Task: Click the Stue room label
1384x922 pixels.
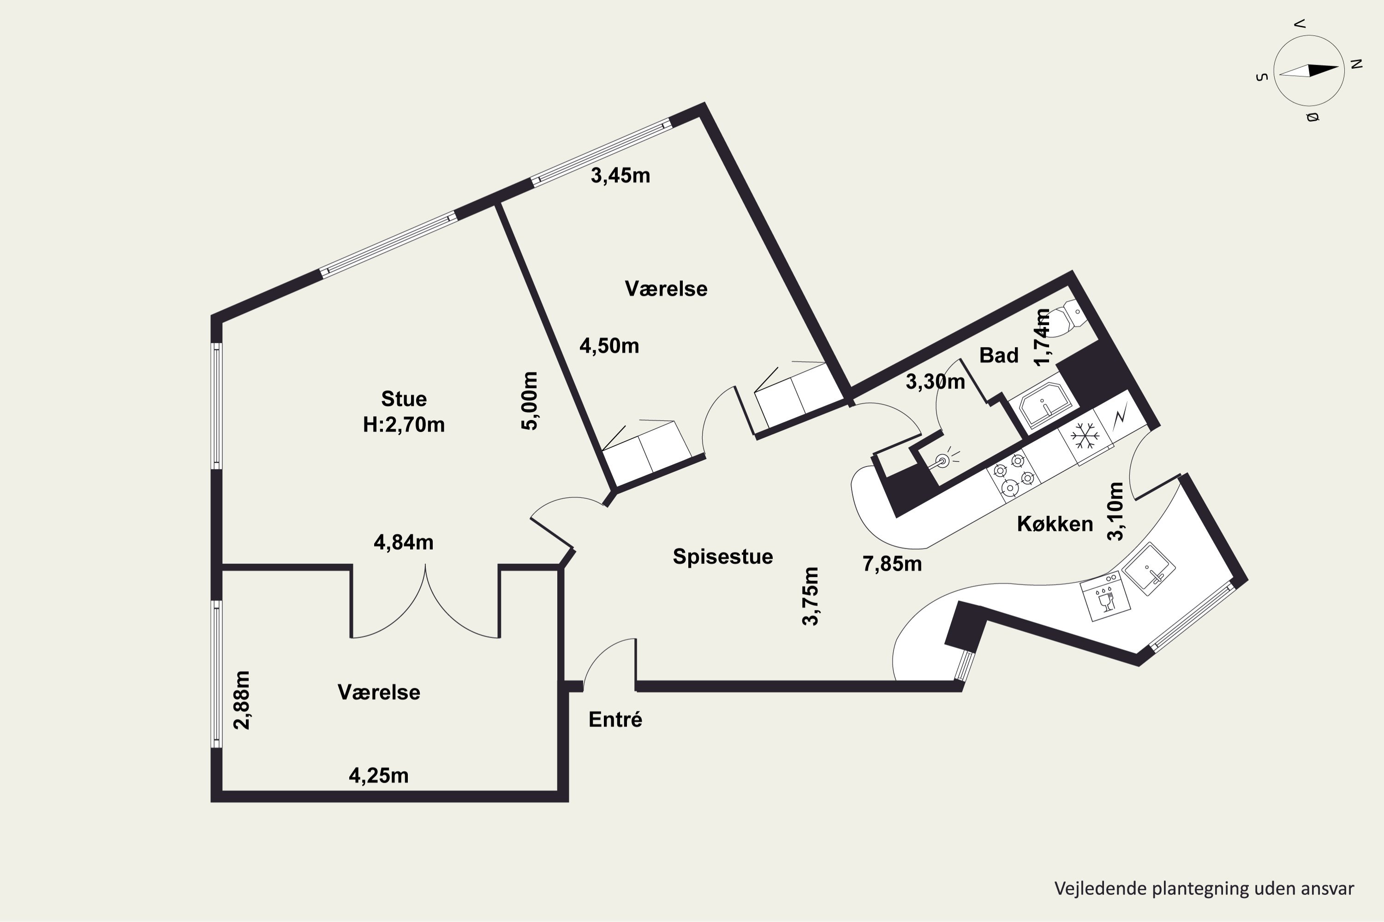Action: [x=404, y=399]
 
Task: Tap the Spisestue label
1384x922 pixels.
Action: [x=722, y=556]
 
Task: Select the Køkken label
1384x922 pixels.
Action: [x=1055, y=523]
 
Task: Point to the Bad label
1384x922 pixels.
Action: [x=999, y=355]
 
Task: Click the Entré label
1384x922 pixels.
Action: [x=615, y=719]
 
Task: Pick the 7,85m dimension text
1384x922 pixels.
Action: [x=892, y=564]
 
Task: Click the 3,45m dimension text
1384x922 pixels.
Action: [x=620, y=175]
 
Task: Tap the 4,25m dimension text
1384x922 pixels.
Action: [x=378, y=775]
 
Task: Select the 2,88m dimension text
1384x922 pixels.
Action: [x=242, y=700]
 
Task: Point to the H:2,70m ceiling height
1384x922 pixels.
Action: [x=404, y=425]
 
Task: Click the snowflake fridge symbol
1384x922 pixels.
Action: [x=1085, y=436]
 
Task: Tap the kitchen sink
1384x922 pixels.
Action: [x=1149, y=569]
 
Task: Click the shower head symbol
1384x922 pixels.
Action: [x=944, y=459]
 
